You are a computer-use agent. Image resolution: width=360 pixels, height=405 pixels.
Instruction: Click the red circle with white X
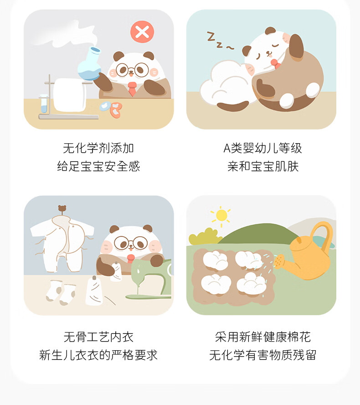(142, 32)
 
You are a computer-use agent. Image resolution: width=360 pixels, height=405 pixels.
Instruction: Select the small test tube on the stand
(44, 104)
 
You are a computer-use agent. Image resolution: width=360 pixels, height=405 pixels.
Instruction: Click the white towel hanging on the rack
(70, 94)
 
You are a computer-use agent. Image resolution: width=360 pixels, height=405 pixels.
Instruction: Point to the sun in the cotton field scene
(221, 215)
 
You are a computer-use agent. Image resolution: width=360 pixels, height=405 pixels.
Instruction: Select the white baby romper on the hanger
(62, 244)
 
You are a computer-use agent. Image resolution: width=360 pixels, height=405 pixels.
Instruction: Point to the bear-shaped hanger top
(62, 209)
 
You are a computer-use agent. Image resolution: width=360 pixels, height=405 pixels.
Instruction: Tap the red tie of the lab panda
(132, 89)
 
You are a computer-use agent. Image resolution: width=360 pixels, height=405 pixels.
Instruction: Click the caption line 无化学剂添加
(98, 148)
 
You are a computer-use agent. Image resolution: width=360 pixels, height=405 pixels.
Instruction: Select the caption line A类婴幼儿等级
(262, 148)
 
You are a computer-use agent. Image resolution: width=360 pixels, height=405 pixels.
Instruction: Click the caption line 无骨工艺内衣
(98, 337)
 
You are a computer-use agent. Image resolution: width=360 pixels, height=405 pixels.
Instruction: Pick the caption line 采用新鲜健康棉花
(262, 337)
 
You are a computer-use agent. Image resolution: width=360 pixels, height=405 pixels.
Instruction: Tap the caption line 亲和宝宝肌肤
(262, 166)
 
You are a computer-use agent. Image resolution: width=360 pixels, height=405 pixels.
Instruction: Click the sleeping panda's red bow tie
(275, 64)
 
